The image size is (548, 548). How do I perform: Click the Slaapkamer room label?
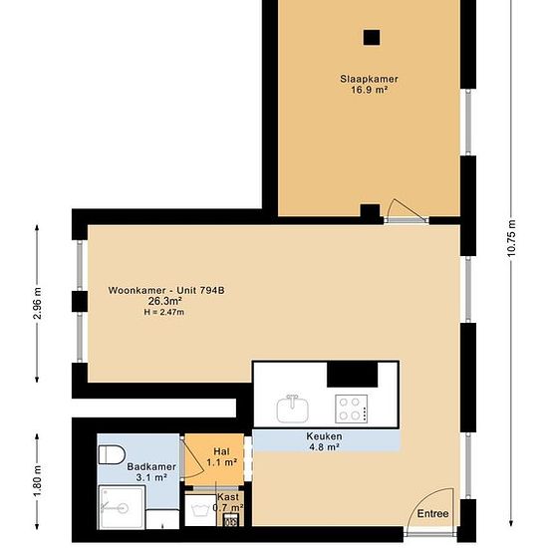[369, 79]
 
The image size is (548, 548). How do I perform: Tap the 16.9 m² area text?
[369, 90]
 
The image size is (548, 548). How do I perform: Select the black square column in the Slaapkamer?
[372, 38]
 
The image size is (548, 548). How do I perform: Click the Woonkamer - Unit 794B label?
[166, 290]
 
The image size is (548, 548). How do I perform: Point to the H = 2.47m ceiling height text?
[164, 313]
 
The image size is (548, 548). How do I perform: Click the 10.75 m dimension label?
[511, 238]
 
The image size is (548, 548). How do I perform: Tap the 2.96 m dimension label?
[37, 303]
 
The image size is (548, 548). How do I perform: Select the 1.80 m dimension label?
[37, 480]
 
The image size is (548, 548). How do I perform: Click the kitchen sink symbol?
[293, 409]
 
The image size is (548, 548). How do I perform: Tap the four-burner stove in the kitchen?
[352, 408]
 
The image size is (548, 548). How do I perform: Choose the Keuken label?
[325, 436]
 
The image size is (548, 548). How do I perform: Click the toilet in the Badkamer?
[112, 454]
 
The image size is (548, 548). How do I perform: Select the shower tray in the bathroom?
[122, 507]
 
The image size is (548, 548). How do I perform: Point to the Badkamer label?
[151, 466]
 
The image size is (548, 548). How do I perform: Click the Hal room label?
[222, 451]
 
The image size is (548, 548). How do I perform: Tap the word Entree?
[433, 514]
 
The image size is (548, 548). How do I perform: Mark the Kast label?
[228, 497]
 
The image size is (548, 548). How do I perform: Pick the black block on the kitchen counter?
[353, 375]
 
